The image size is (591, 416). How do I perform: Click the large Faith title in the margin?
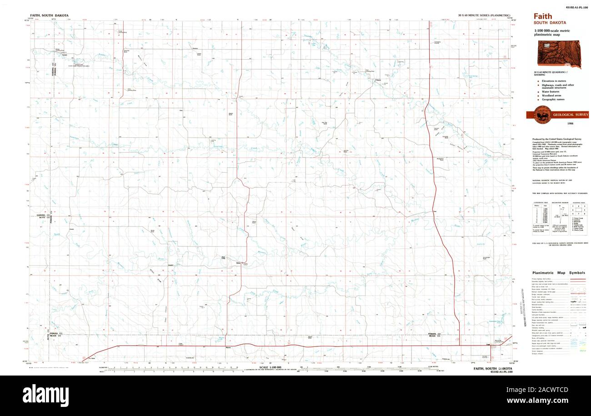click(543, 16)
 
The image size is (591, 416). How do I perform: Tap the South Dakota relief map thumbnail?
click(560, 54)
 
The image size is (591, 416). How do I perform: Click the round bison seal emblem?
click(539, 114)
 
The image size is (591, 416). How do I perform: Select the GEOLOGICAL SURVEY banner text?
click(571, 115)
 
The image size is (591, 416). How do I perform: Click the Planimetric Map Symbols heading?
click(558, 273)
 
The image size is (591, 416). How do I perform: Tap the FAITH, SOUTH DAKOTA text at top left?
click(49, 15)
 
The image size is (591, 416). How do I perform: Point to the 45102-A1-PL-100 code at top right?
click(576, 7)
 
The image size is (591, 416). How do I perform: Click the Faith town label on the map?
click(488, 345)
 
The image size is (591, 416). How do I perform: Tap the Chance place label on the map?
click(377, 81)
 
